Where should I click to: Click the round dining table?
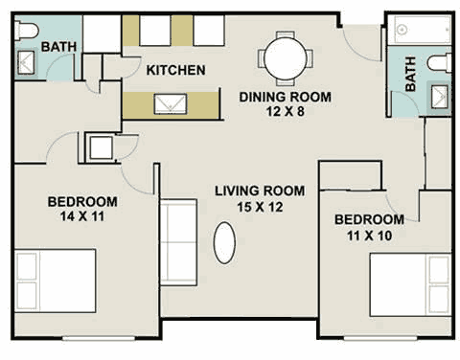pos(286,58)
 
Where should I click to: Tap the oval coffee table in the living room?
pos(224,243)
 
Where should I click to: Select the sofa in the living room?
pos(178,242)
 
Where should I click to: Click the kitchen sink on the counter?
pos(171,103)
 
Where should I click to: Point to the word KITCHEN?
pos(175,70)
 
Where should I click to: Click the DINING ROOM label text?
pos(286,97)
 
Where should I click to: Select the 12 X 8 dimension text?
pos(286,111)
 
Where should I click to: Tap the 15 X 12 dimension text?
pos(260,207)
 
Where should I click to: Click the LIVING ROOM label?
pos(260,191)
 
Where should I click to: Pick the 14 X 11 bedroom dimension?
pos(82,216)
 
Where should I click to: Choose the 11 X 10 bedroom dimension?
pos(370,236)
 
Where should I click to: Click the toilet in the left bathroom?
pos(27,31)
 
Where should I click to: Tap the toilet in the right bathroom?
pos(439,62)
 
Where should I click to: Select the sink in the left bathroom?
pos(26,62)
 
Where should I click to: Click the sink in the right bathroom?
pos(440,97)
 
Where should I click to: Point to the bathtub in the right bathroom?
pos(423,30)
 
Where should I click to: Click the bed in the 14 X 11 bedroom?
pos(56,281)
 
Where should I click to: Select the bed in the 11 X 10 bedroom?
pos(411,285)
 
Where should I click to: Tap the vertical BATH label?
pos(410,74)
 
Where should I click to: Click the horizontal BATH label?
pos(58,47)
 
